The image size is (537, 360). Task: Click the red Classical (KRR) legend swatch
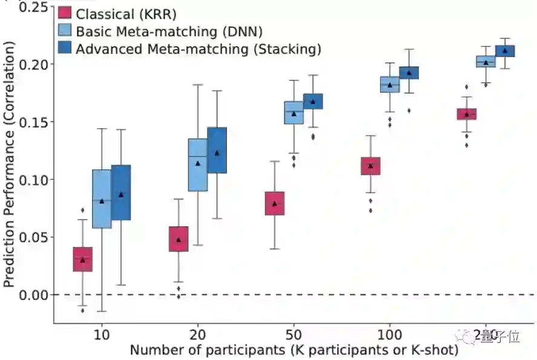click(x=65, y=13)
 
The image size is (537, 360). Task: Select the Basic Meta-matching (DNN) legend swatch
click(x=65, y=30)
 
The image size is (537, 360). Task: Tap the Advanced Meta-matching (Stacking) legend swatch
click(x=65, y=48)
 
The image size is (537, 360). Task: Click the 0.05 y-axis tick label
click(x=35, y=237)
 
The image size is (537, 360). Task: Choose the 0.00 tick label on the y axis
click(x=35, y=295)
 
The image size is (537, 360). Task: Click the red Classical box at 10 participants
click(x=82, y=259)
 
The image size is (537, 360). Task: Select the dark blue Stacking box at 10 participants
click(x=121, y=192)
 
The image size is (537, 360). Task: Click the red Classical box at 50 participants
click(x=274, y=203)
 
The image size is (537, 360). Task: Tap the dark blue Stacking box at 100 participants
click(x=409, y=73)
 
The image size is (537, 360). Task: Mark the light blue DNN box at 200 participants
click(x=486, y=62)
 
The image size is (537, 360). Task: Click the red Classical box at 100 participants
click(x=371, y=166)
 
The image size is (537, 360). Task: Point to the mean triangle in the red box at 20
click(x=179, y=240)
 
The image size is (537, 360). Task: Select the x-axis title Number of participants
click(x=294, y=350)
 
